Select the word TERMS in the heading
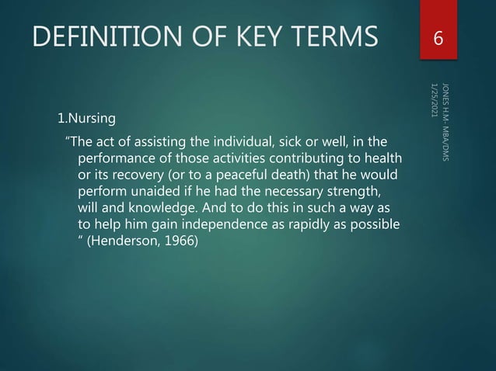click(x=335, y=36)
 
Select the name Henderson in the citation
click(x=135, y=244)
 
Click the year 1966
click(x=183, y=244)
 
